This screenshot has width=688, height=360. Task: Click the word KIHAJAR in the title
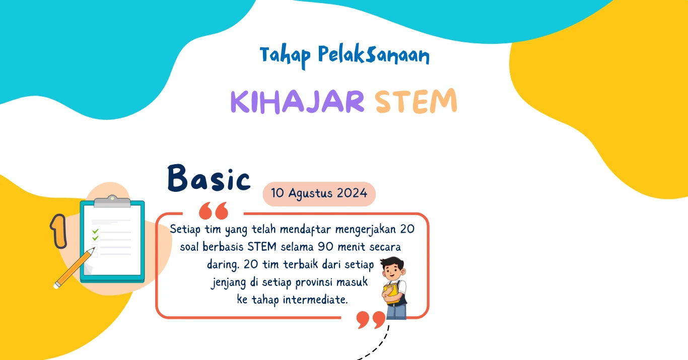297,102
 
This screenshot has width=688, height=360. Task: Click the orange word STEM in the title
416,101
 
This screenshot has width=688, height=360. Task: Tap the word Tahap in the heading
285,56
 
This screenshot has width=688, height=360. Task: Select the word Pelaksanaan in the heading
374,55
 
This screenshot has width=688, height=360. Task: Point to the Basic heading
209,178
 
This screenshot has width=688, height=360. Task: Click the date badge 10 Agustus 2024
319,193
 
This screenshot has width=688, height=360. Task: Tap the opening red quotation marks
214,210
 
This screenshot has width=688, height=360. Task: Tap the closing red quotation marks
371,320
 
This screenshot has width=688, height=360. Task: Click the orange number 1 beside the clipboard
58,231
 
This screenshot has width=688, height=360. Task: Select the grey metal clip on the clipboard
112,201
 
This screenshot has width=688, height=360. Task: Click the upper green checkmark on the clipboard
95,231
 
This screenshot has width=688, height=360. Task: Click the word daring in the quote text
223,265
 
